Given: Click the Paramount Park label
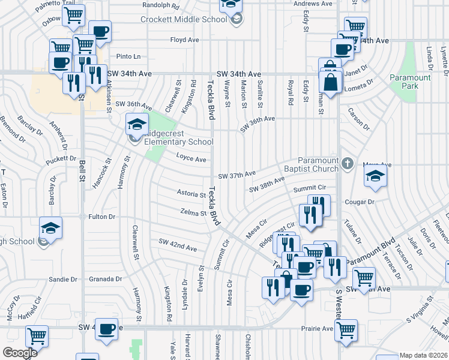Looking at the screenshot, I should [x=410, y=82].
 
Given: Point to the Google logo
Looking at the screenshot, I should [x=20, y=353].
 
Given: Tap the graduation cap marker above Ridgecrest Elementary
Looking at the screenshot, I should [x=137, y=124].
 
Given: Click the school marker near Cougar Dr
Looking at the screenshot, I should [x=375, y=175].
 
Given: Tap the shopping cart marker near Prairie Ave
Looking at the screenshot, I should [x=346, y=329].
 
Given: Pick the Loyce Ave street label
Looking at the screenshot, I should [x=191, y=159].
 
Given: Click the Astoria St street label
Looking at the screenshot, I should [x=191, y=194].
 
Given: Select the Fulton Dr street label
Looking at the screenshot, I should [x=101, y=216].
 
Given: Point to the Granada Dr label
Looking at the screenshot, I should [x=105, y=279].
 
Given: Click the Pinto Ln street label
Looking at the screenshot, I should [x=128, y=56].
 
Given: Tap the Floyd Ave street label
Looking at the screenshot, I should [x=184, y=40].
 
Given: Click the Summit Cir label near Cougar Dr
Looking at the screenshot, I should [x=309, y=188].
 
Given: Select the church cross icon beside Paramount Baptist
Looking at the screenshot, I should [x=346, y=163].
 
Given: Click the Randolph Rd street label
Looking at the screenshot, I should [x=160, y=6].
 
